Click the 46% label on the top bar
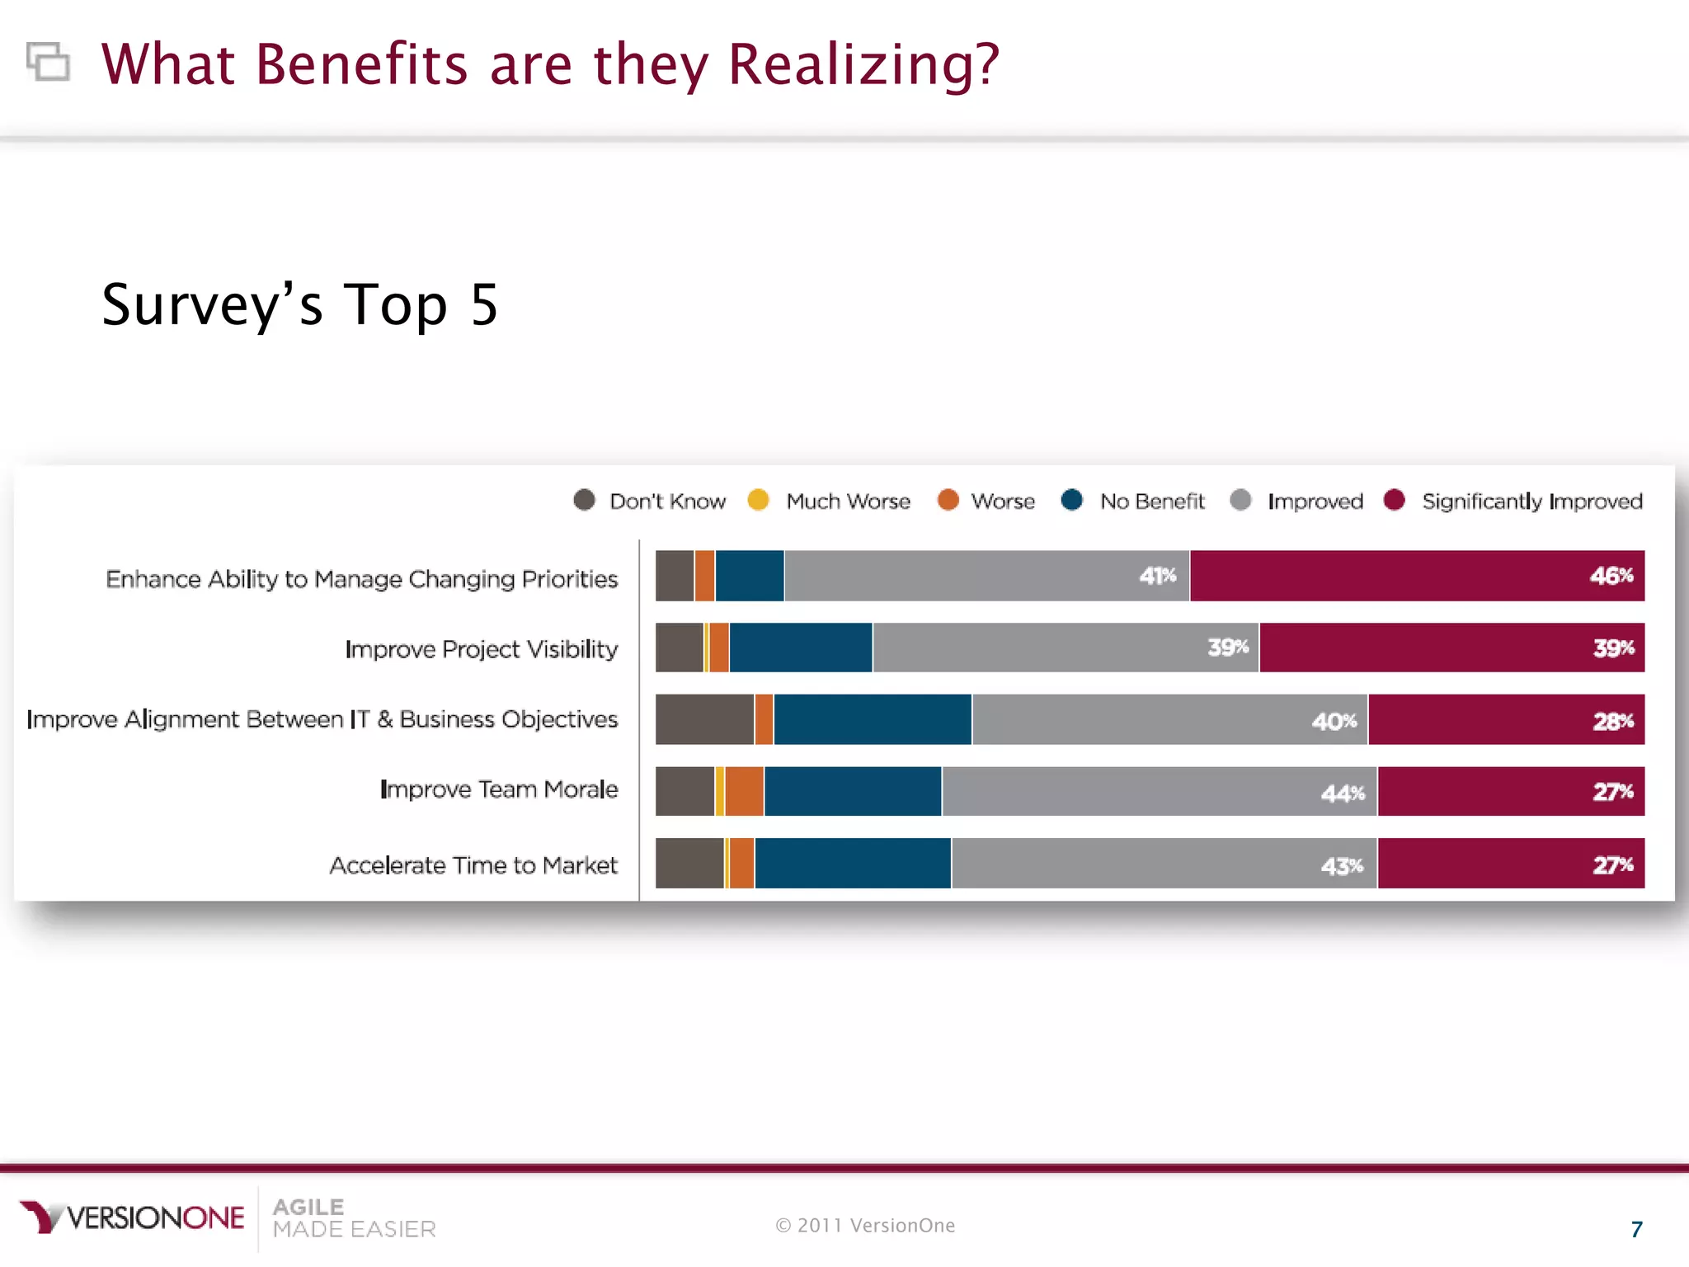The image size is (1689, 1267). (x=1611, y=576)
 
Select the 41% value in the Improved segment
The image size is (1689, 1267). (x=1157, y=576)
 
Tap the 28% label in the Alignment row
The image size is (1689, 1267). (x=1612, y=721)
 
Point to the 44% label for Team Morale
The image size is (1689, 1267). (x=1342, y=794)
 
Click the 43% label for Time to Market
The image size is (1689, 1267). (x=1342, y=866)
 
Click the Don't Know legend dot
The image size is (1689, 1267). (x=584, y=500)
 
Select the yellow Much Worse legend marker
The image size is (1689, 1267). (x=758, y=500)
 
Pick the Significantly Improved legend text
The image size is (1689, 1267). (x=1531, y=502)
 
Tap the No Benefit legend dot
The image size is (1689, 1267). (x=1071, y=500)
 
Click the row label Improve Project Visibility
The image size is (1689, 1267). (x=481, y=649)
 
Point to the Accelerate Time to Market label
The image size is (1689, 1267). (x=473, y=865)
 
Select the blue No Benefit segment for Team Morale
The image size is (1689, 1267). (x=852, y=792)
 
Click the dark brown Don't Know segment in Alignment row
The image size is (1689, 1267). (x=703, y=719)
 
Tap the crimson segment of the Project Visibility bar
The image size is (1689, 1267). (x=1451, y=648)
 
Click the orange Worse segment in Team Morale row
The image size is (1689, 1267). (x=744, y=792)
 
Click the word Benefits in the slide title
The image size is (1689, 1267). (x=361, y=64)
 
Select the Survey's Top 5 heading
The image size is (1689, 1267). (x=299, y=304)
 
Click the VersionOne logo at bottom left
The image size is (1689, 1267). (x=132, y=1218)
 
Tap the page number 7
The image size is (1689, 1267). (x=1636, y=1229)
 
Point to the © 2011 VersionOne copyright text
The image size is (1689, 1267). (x=865, y=1226)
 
